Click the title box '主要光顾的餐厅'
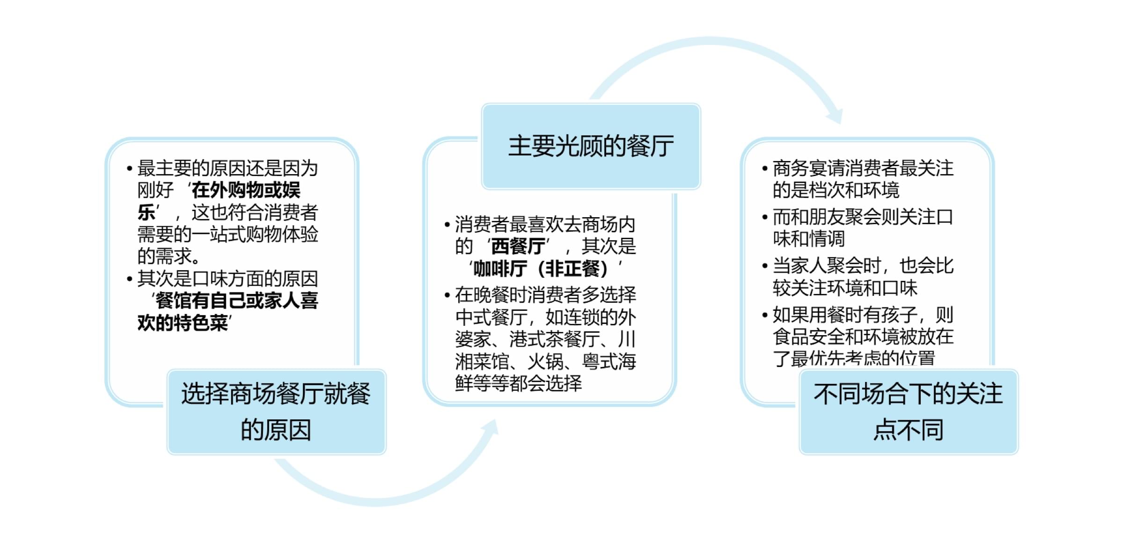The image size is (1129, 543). coord(591,146)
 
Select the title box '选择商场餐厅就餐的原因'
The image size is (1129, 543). coord(276,411)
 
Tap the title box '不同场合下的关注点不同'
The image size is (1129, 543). coord(908,411)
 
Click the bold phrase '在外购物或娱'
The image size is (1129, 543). coord(246,190)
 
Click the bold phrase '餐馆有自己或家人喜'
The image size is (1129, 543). coord(237,301)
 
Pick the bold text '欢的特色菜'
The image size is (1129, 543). coord(183,323)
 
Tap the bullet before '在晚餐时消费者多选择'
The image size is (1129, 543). coord(447,295)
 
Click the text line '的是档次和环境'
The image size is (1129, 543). coord(836,190)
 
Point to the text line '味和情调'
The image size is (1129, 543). coord(809,239)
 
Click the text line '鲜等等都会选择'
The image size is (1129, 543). coord(519,383)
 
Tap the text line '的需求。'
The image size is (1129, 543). coord(169,256)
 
